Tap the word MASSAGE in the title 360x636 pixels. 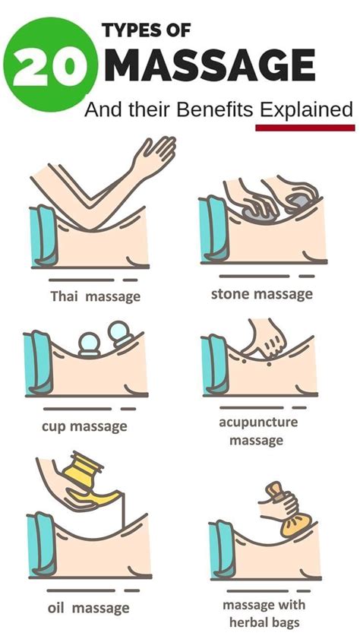(x=213, y=65)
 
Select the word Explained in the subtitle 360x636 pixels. (x=307, y=110)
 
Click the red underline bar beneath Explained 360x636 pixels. (x=305, y=128)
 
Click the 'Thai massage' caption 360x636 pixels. (x=95, y=296)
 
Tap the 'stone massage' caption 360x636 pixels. (x=262, y=294)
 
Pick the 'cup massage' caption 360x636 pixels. (x=84, y=427)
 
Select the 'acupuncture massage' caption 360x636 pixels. (x=258, y=431)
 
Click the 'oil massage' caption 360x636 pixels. (x=88, y=609)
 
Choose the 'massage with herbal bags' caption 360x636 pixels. (x=264, y=614)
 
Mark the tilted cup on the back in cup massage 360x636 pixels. (x=121, y=334)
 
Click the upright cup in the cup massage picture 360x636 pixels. (x=89, y=345)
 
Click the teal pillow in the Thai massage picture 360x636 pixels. (x=44, y=236)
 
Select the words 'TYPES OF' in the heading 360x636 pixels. (x=147, y=31)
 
